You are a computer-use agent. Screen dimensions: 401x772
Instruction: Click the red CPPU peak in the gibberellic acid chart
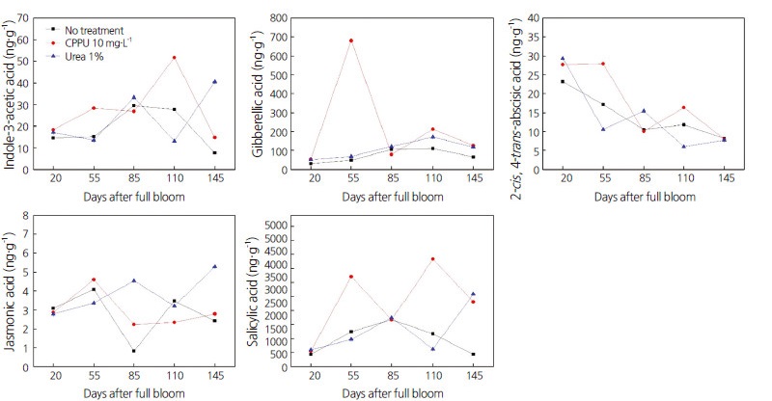(x=350, y=40)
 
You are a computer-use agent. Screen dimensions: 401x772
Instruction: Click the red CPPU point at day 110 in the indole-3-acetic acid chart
(x=174, y=58)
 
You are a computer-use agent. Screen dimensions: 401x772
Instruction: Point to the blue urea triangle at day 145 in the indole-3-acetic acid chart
(x=214, y=81)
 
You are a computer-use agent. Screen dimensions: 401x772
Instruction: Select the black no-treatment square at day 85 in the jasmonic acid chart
(x=133, y=351)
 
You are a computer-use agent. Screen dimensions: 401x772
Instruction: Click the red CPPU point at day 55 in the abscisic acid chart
(x=603, y=64)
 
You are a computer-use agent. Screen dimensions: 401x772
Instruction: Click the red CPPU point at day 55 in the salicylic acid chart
(x=350, y=277)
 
